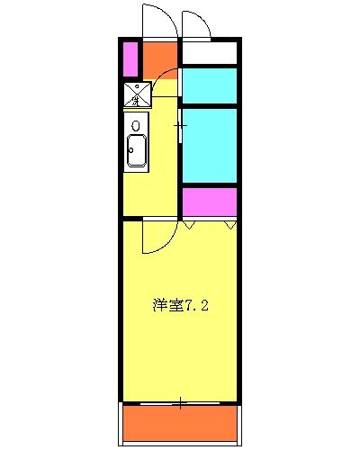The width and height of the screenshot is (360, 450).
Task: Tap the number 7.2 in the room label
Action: [198, 305]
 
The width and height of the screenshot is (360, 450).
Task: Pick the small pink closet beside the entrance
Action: [130, 59]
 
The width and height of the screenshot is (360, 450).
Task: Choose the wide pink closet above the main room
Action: [209, 201]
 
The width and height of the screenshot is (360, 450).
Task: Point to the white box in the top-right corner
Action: [209, 53]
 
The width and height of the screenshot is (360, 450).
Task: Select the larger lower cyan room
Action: [210, 146]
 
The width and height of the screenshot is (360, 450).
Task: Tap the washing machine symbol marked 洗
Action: [138, 92]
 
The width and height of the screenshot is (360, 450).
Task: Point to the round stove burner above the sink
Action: [135, 124]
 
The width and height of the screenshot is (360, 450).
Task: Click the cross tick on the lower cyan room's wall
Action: [180, 125]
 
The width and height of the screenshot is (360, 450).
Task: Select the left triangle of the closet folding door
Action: [191, 225]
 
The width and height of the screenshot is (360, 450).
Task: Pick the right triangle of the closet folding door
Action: [230, 225]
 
